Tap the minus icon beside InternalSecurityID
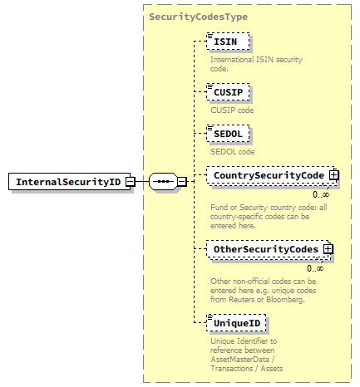[131, 182]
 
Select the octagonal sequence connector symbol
[162, 182]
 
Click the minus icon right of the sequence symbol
[182, 182]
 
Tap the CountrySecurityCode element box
[268, 175]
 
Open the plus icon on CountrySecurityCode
[333, 175]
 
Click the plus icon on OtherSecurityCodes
[328, 248]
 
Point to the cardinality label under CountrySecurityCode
[320, 194]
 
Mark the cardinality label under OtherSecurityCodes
[314, 267]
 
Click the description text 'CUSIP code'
[232, 110]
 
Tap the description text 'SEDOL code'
[232, 152]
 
